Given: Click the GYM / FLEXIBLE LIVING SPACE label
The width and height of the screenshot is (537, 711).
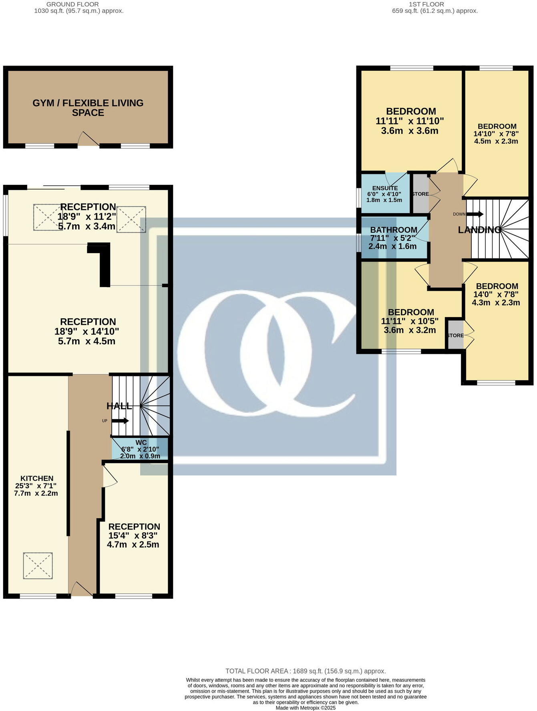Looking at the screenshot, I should coord(88,108).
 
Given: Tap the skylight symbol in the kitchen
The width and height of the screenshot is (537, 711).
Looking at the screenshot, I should coord(38,565).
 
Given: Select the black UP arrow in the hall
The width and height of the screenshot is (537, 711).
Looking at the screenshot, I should coord(120,421).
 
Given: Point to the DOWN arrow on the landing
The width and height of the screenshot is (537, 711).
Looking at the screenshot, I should coord(475,214).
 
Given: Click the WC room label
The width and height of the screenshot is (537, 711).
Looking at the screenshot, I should coord(141,442).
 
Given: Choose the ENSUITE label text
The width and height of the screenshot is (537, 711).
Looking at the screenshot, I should coord(385,188).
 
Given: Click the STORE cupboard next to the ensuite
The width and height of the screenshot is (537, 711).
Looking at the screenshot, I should coord(420,194).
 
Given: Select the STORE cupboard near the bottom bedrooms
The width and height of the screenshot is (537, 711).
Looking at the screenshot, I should coord(455,335).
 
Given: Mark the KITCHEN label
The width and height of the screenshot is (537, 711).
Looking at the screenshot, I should coord(37,478).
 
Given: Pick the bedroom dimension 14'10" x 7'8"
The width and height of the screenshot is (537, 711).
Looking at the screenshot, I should coord(496,134).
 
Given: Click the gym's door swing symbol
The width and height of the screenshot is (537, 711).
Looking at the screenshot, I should coord(88,139).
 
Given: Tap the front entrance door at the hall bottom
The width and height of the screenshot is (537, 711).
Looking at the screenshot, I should coord(82,589).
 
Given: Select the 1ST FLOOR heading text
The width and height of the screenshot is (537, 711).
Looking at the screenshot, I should coord(426,4).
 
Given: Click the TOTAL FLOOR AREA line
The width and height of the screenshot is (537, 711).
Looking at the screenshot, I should coord(305,671).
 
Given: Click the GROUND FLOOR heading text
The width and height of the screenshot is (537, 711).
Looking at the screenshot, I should coord(72,4).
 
